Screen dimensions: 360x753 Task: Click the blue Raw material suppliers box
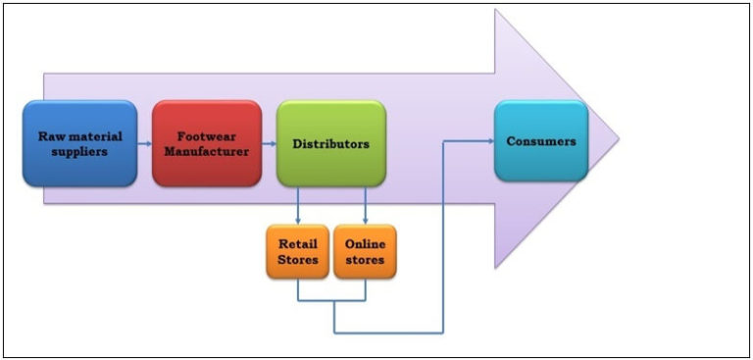tap(79, 143)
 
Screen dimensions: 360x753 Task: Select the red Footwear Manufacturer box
tap(207, 143)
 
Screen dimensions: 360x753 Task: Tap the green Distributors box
tap(330, 143)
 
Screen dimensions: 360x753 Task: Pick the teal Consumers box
tap(540, 141)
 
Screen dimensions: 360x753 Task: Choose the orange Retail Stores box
tap(297, 252)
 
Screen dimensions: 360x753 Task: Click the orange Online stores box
tap(365, 252)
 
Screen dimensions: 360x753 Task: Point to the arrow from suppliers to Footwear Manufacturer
tap(144, 143)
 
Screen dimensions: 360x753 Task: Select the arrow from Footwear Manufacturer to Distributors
tap(270, 143)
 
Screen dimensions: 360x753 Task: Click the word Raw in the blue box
tap(51, 135)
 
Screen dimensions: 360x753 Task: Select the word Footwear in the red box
tap(207, 135)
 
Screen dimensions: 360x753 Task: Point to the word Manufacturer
tap(207, 152)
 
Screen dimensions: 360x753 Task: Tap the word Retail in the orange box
tap(297, 243)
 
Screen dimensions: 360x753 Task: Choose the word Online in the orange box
tap(365, 243)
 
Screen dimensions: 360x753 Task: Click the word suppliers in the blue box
tap(79, 152)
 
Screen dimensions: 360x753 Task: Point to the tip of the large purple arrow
tap(617, 138)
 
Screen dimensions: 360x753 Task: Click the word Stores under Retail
tap(297, 260)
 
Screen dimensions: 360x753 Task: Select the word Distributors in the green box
tap(330, 143)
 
